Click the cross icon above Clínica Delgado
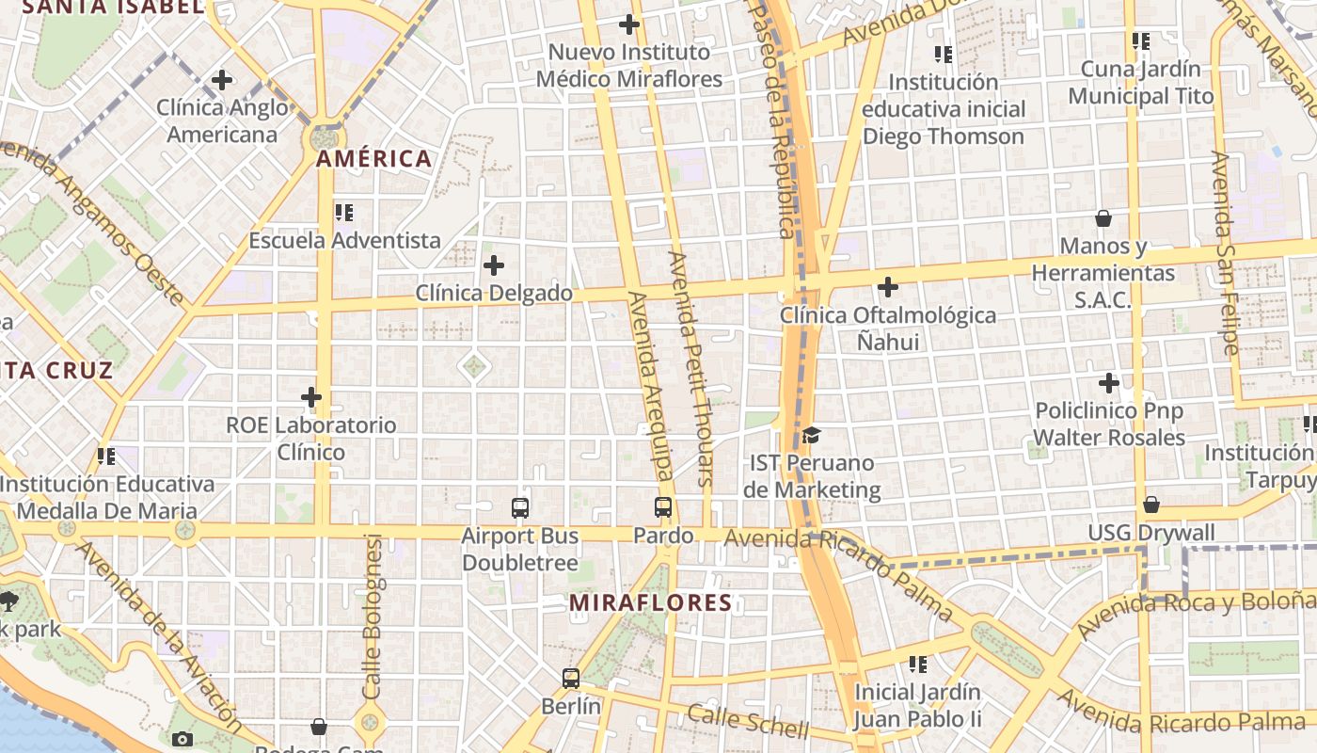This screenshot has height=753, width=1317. pyautogui.click(x=493, y=265)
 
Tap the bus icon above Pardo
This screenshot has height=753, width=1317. pyautogui.click(x=663, y=507)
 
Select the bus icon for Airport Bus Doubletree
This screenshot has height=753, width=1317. pyautogui.click(x=520, y=508)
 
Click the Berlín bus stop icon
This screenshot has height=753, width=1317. pyautogui.click(x=571, y=679)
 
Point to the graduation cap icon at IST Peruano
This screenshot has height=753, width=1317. pyautogui.click(x=811, y=435)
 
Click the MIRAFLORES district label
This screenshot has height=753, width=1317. pyautogui.click(x=651, y=602)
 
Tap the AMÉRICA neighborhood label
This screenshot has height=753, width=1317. pyautogui.click(x=374, y=158)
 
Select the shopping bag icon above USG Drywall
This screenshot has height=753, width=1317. pyautogui.click(x=1150, y=505)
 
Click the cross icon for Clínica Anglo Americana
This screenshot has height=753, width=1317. pyautogui.click(x=222, y=80)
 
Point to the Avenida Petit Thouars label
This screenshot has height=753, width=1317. pyautogui.click(x=691, y=367)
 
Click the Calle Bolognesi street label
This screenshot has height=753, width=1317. pyautogui.click(x=373, y=617)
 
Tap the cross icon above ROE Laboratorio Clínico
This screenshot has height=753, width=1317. pyautogui.click(x=311, y=397)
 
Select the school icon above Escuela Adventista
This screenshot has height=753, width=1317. pyautogui.click(x=343, y=213)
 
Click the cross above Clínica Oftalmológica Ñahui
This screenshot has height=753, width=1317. pyautogui.click(x=887, y=286)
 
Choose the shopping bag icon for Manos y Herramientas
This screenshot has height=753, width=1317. pyautogui.click(x=1103, y=218)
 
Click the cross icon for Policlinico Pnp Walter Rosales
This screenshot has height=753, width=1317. pyautogui.click(x=1109, y=383)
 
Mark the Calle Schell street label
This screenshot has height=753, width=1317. pyautogui.click(x=747, y=720)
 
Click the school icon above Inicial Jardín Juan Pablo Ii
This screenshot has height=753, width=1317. pyautogui.click(x=918, y=665)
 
